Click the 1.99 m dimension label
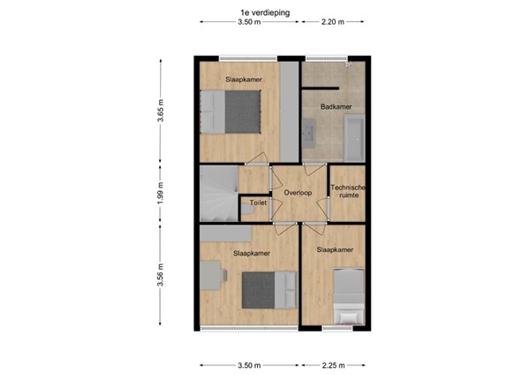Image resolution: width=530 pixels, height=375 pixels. (161, 194)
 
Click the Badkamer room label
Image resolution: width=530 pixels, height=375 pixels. (335, 107)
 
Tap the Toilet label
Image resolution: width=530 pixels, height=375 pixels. (258, 203)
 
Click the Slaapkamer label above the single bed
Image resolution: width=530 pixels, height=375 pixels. (335, 250)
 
